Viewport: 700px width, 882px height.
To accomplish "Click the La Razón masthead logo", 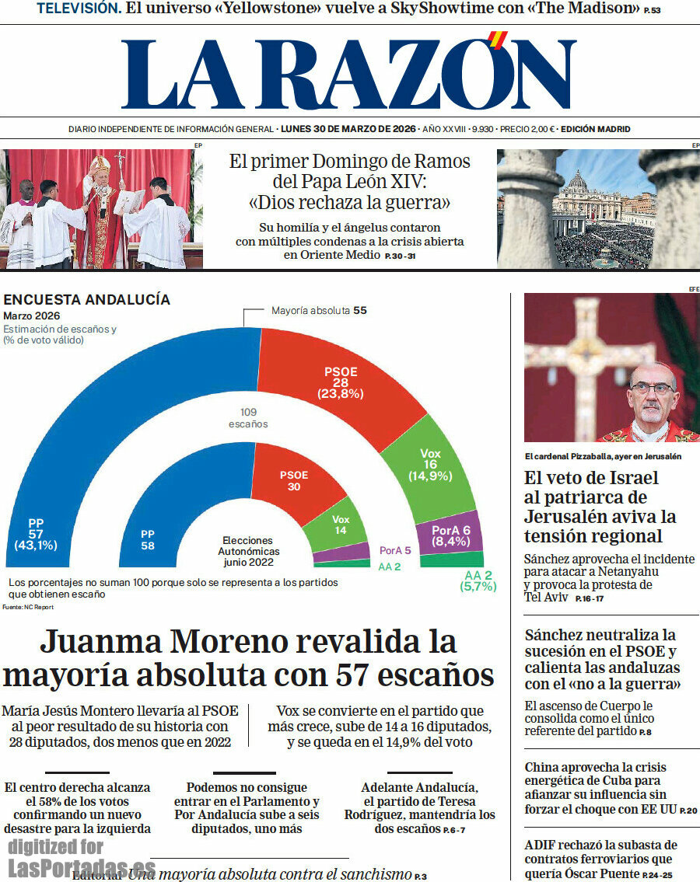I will coord(348,75).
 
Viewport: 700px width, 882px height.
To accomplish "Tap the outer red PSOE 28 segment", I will coord(334,373).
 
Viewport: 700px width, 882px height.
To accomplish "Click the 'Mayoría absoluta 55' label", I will coord(319,311).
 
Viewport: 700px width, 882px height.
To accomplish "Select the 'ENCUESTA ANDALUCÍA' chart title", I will coord(86,300).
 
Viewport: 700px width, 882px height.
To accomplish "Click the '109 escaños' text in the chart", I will coord(248,418).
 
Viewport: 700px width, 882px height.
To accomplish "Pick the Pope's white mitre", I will coord(100,164).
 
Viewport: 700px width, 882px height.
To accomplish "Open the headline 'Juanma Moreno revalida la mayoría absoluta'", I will coord(249,658).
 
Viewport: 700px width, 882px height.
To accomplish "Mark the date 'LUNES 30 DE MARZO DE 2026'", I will coord(348,129).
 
